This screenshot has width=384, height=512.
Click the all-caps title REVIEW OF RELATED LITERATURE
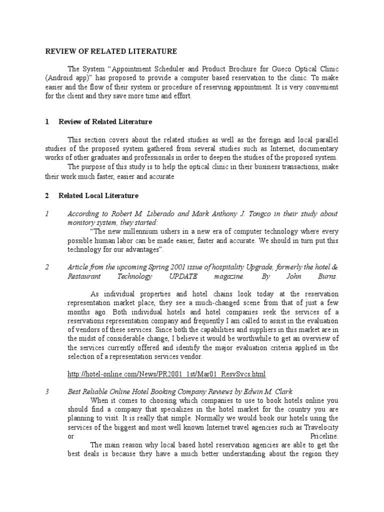tap(111, 51)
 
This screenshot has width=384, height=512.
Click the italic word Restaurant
tap(83, 276)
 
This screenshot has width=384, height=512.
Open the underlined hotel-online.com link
tap(166, 374)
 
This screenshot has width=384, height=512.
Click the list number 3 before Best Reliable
tap(46, 392)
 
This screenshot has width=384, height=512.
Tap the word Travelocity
tap(319, 427)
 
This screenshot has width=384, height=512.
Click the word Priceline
tap(324, 436)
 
